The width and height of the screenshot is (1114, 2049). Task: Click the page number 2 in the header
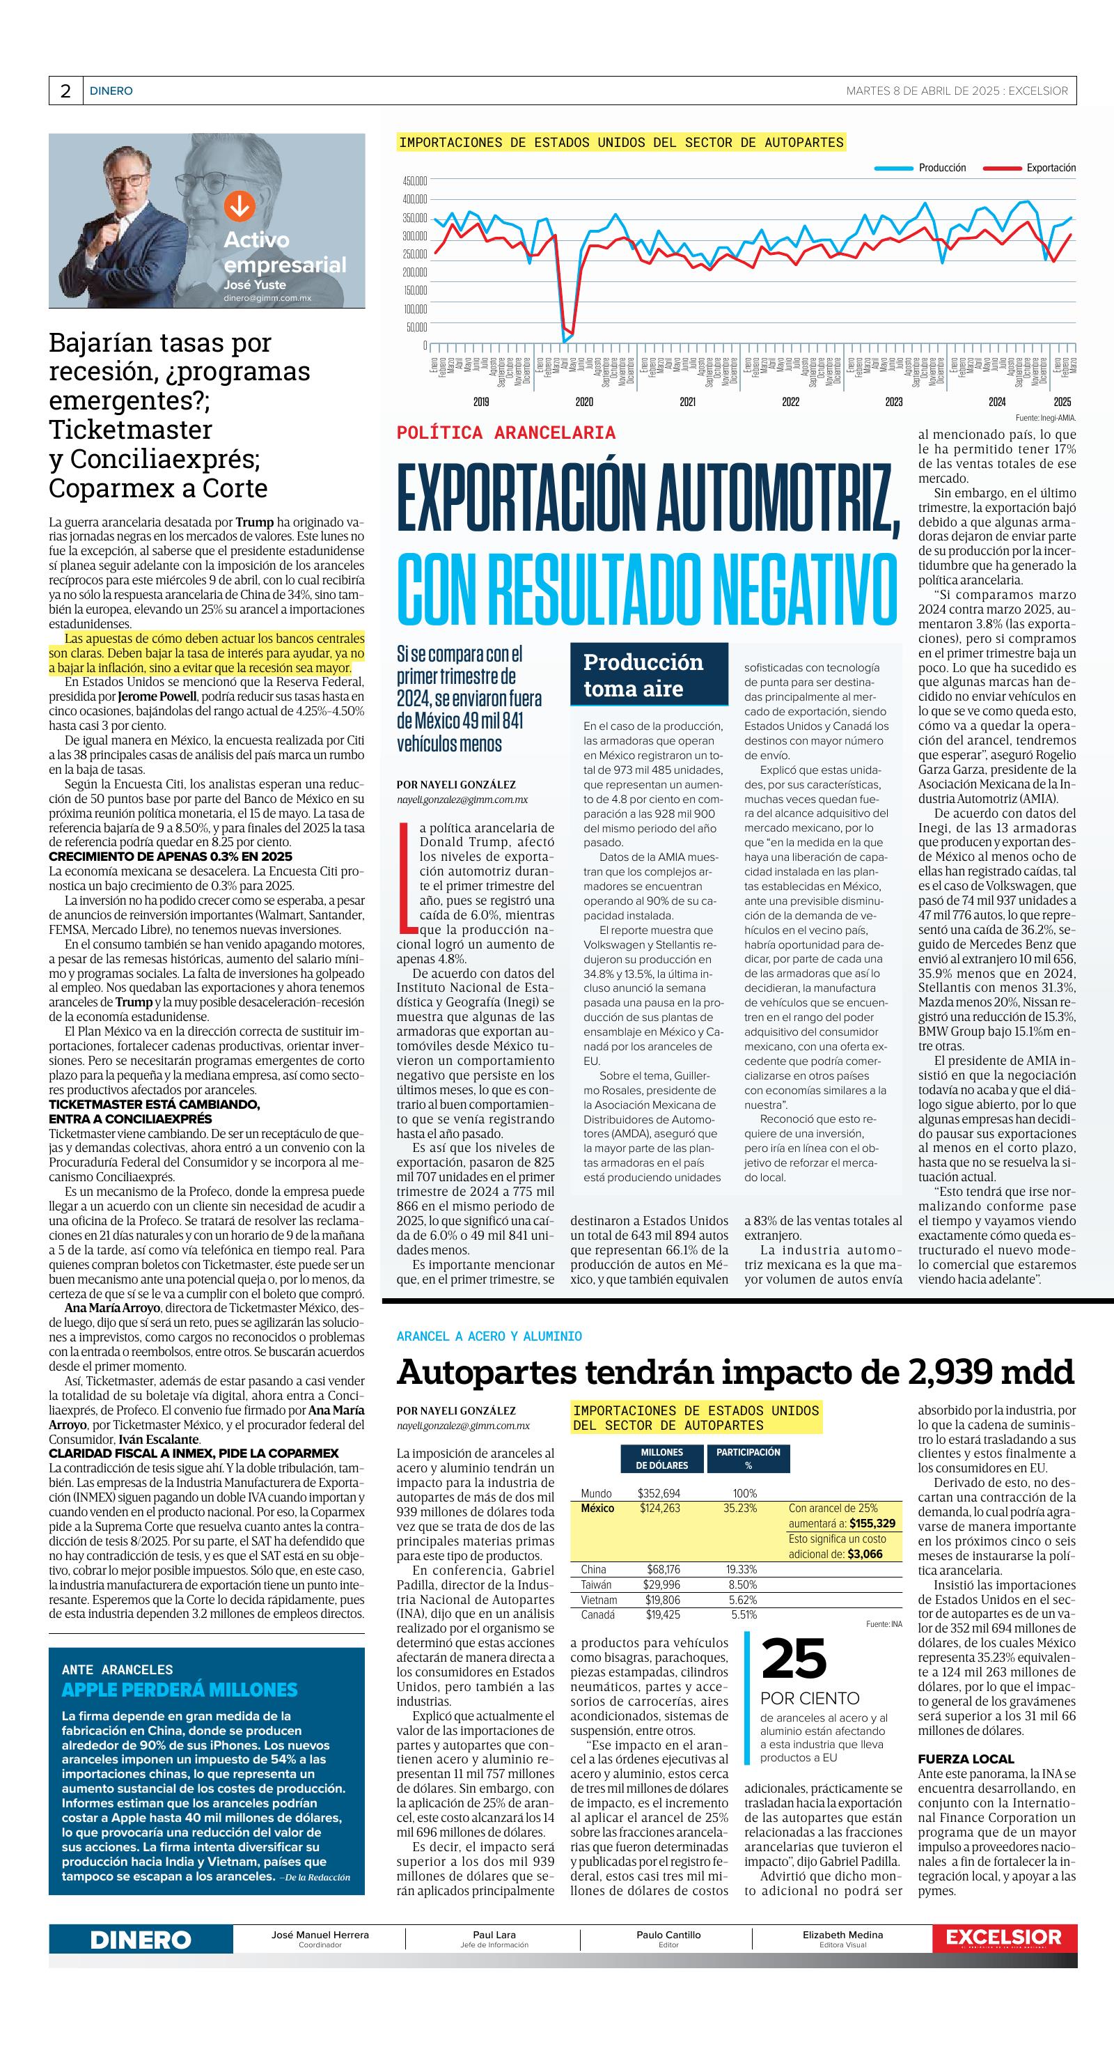(x=65, y=91)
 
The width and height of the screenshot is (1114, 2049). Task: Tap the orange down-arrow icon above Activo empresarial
(x=239, y=206)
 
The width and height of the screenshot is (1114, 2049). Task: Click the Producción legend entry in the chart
(x=941, y=168)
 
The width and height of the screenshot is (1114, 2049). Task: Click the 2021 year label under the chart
(x=687, y=403)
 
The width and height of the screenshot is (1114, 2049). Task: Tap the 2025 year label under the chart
(x=1062, y=403)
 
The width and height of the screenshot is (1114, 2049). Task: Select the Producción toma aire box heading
(x=643, y=676)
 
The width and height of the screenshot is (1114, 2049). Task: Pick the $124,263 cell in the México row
(x=659, y=1507)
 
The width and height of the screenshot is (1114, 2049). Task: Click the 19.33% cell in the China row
(x=741, y=1569)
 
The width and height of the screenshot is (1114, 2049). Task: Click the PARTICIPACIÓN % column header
(x=748, y=1458)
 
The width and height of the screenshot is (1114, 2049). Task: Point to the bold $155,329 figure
(x=872, y=1523)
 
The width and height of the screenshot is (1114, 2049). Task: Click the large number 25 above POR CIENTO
(x=794, y=1660)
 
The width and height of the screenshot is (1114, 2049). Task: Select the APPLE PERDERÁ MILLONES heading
(x=180, y=1690)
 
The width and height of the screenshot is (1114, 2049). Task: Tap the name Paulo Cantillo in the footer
(x=668, y=1935)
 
